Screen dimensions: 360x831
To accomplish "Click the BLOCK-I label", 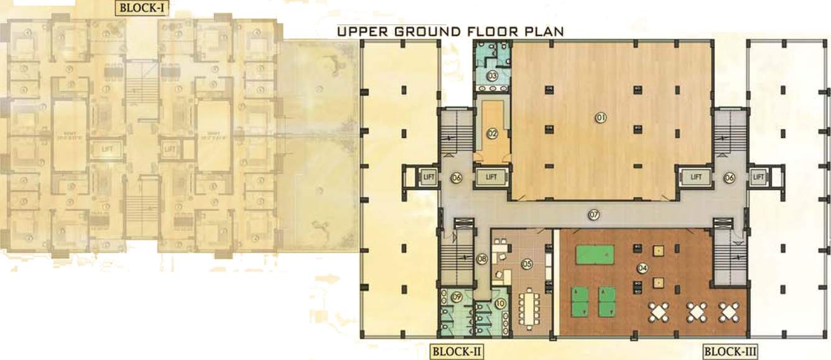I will pyautogui.click(x=142, y=8).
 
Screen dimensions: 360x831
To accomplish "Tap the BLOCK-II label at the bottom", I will pyautogui.click(x=457, y=353).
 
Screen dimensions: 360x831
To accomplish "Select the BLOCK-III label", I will pyautogui.click(x=730, y=353).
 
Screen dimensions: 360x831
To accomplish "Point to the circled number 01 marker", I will pyautogui.click(x=601, y=117).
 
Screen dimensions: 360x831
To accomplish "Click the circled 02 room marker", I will pyautogui.click(x=492, y=132).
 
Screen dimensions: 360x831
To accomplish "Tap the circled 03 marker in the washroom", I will pyautogui.click(x=491, y=76).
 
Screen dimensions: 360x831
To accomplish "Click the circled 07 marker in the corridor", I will pyautogui.click(x=594, y=215).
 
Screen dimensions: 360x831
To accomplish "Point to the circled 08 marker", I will pyautogui.click(x=481, y=259).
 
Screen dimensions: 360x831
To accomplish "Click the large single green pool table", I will pyautogui.click(x=594, y=254).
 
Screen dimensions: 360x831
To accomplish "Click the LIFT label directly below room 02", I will pyautogui.click(x=491, y=177).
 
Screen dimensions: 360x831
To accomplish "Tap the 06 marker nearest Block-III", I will pyautogui.click(x=729, y=178).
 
